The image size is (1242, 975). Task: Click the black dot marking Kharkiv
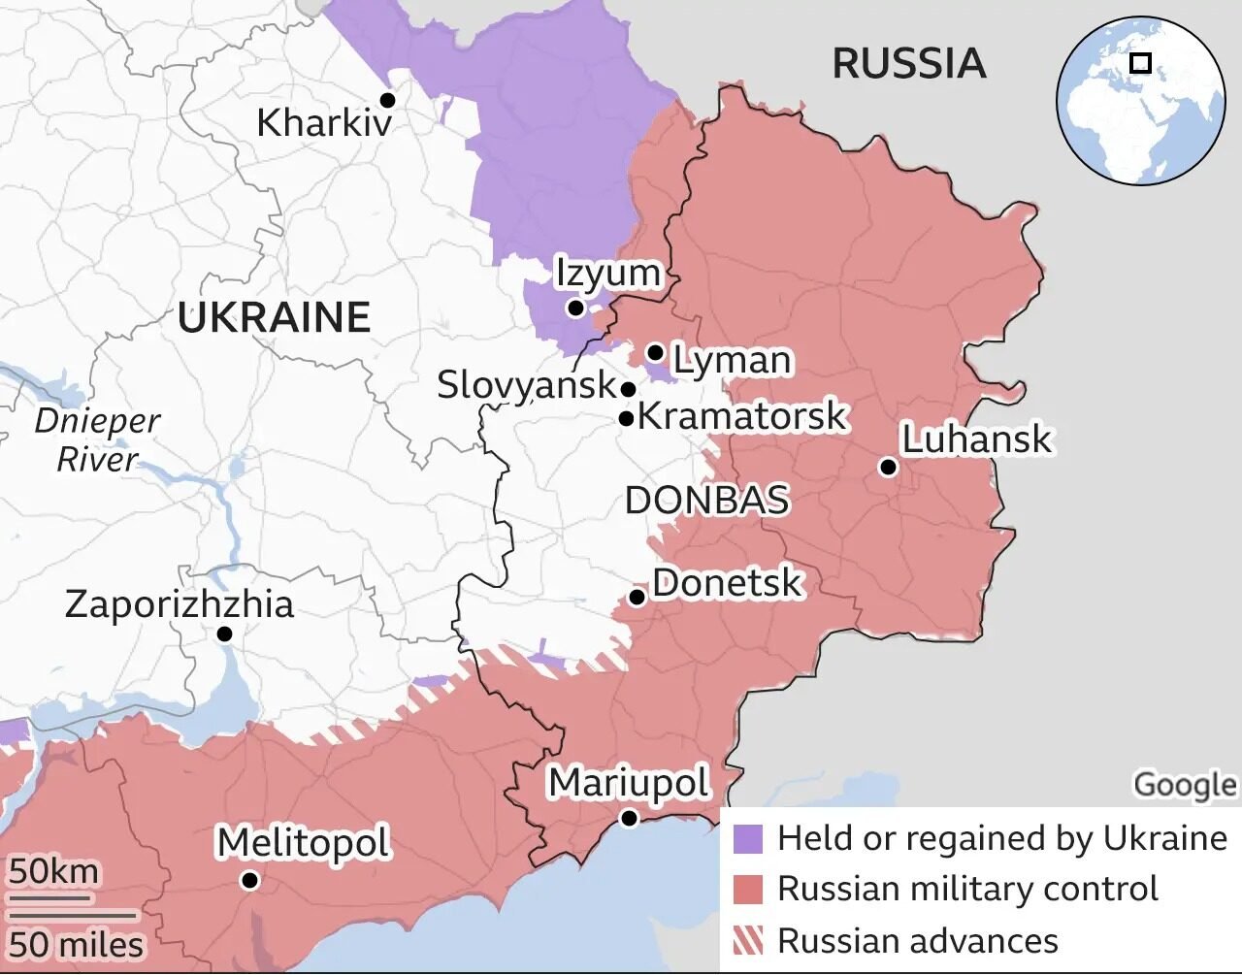pos(387,100)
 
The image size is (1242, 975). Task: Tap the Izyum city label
pos(607,273)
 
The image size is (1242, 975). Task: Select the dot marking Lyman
pos(655,352)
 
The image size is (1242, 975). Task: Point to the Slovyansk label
pos(526,385)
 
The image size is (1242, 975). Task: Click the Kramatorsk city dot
pos(627,419)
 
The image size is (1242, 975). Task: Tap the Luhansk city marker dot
pos(888,467)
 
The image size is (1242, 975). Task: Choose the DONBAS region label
pos(706,501)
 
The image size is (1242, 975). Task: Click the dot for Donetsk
pos(637,597)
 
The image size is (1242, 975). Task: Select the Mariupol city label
pos(629,782)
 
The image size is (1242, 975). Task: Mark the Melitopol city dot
pos(249,880)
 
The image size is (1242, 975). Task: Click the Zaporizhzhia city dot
pos(224,634)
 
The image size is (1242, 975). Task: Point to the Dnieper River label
pos(97,439)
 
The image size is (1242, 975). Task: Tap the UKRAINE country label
pos(274,317)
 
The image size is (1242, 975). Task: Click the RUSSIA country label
pos(908,64)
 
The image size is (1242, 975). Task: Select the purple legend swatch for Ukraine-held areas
pos(747,838)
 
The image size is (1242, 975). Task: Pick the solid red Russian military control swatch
pos(747,889)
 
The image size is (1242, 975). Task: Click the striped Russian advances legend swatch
pos(747,940)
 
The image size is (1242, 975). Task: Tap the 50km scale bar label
pos(54,871)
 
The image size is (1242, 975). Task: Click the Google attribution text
pos(1185,784)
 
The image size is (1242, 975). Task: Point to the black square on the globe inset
pos(1141,63)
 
